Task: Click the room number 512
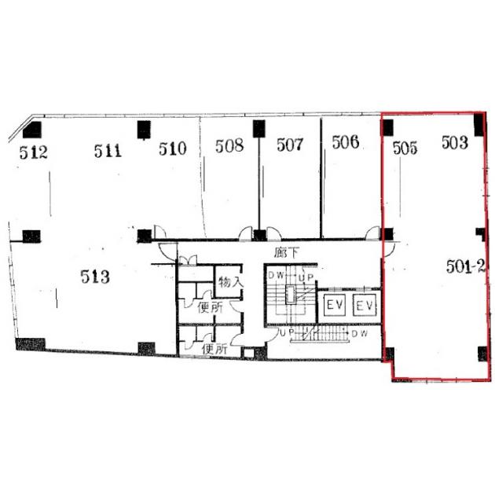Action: pyautogui.click(x=34, y=152)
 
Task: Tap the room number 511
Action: pyautogui.click(x=108, y=151)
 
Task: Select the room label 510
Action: pyautogui.click(x=172, y=148)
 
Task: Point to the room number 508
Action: pyautogui.click(x=229, y=145)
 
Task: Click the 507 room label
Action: pyautogui.click(x=290, y=145)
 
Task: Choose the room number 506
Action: pyautogui.click(x=346, y=141)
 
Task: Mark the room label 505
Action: pyautogui.click(x=405, y=148)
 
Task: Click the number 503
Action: pyautogui.click(x=455, y=142)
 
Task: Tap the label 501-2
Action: pyautogui.click(x=466, y=267)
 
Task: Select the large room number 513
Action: pyautogui.click(x=95, y=277)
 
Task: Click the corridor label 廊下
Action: pyautogui.click(x=286, y=252)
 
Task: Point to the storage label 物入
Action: pyautogui.click(x=231, y=281)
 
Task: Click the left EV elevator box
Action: pyautogui.click(x=335, y=305)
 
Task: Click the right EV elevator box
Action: pyautogui.click(x=365, y=305)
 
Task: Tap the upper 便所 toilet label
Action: pyautogui.click(x=210, y=307)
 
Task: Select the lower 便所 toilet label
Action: pyautogui.click(x=214, y=349)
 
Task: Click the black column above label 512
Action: pyautogui.click(x=32, y=130)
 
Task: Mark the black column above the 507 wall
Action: pyautogui.click(x=258, y=129)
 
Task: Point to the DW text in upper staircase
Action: pyautogui.click(x=276, y=275)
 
